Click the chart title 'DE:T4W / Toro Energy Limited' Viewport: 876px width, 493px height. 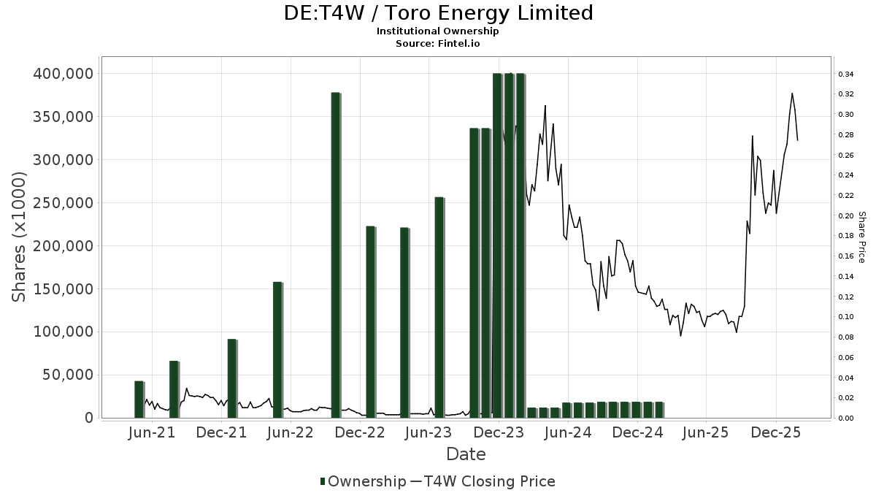tap(438, 13)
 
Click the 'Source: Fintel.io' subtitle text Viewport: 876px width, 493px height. tap(438, 43)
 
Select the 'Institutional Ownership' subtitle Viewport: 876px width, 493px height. tap(438, 31)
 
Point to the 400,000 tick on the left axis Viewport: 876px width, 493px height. tap(63, 74)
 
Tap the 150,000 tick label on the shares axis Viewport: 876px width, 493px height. tap(63, 289)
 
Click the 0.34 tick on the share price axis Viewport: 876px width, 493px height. tap(846, 74)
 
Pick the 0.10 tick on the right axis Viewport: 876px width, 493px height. tap(846, 317)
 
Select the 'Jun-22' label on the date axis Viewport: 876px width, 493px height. tap(291, 432)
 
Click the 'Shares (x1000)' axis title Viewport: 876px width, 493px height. tap(20, 237)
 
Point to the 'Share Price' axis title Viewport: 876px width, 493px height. tap(861, 237)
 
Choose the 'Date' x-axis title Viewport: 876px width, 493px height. tap(466, 454)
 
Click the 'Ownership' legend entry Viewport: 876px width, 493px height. tap(364, 481)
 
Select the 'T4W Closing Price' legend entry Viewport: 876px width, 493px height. tap(483, 481)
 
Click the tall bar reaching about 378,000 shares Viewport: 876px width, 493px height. tap(336, 255)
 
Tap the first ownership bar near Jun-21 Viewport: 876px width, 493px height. tap(139, 399)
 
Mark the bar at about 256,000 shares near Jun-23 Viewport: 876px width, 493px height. tap(439, 307)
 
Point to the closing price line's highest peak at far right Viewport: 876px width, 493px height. tap(792, 93)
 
